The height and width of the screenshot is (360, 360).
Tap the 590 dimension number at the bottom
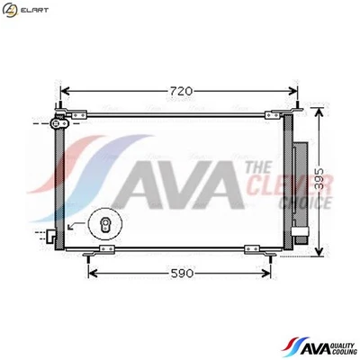(183, 274)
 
